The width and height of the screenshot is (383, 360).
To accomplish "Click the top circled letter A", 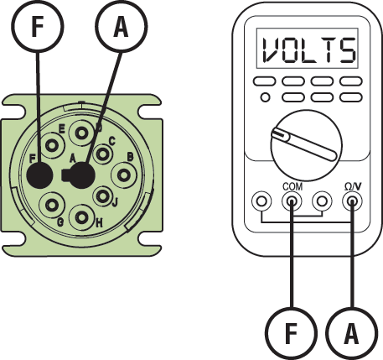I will coord(122,28).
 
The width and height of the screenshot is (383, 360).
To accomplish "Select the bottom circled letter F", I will coord(290,335).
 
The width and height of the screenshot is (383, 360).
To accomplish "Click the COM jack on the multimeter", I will coord(292,201).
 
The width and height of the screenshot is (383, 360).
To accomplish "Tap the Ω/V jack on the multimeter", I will coord(351,201).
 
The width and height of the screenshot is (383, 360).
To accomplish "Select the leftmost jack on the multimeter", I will coord(261,201).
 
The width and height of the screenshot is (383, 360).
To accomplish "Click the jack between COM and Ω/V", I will coord(322,201).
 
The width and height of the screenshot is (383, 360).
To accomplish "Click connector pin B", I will coord(124,175).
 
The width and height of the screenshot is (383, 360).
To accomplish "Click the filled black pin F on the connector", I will coord(39,175).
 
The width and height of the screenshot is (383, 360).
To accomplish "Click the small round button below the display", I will coord(265,97).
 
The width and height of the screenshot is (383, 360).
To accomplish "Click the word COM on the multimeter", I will coord(292,186).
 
